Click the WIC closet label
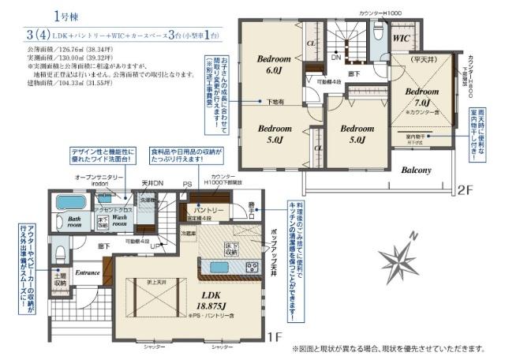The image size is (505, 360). coord(401,37)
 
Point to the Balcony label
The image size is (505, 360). coord(414,170)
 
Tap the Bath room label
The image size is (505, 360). coord(75,223)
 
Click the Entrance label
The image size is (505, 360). coord(88,272)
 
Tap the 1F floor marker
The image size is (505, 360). coord(274,338)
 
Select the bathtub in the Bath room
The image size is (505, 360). coord(73,204)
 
